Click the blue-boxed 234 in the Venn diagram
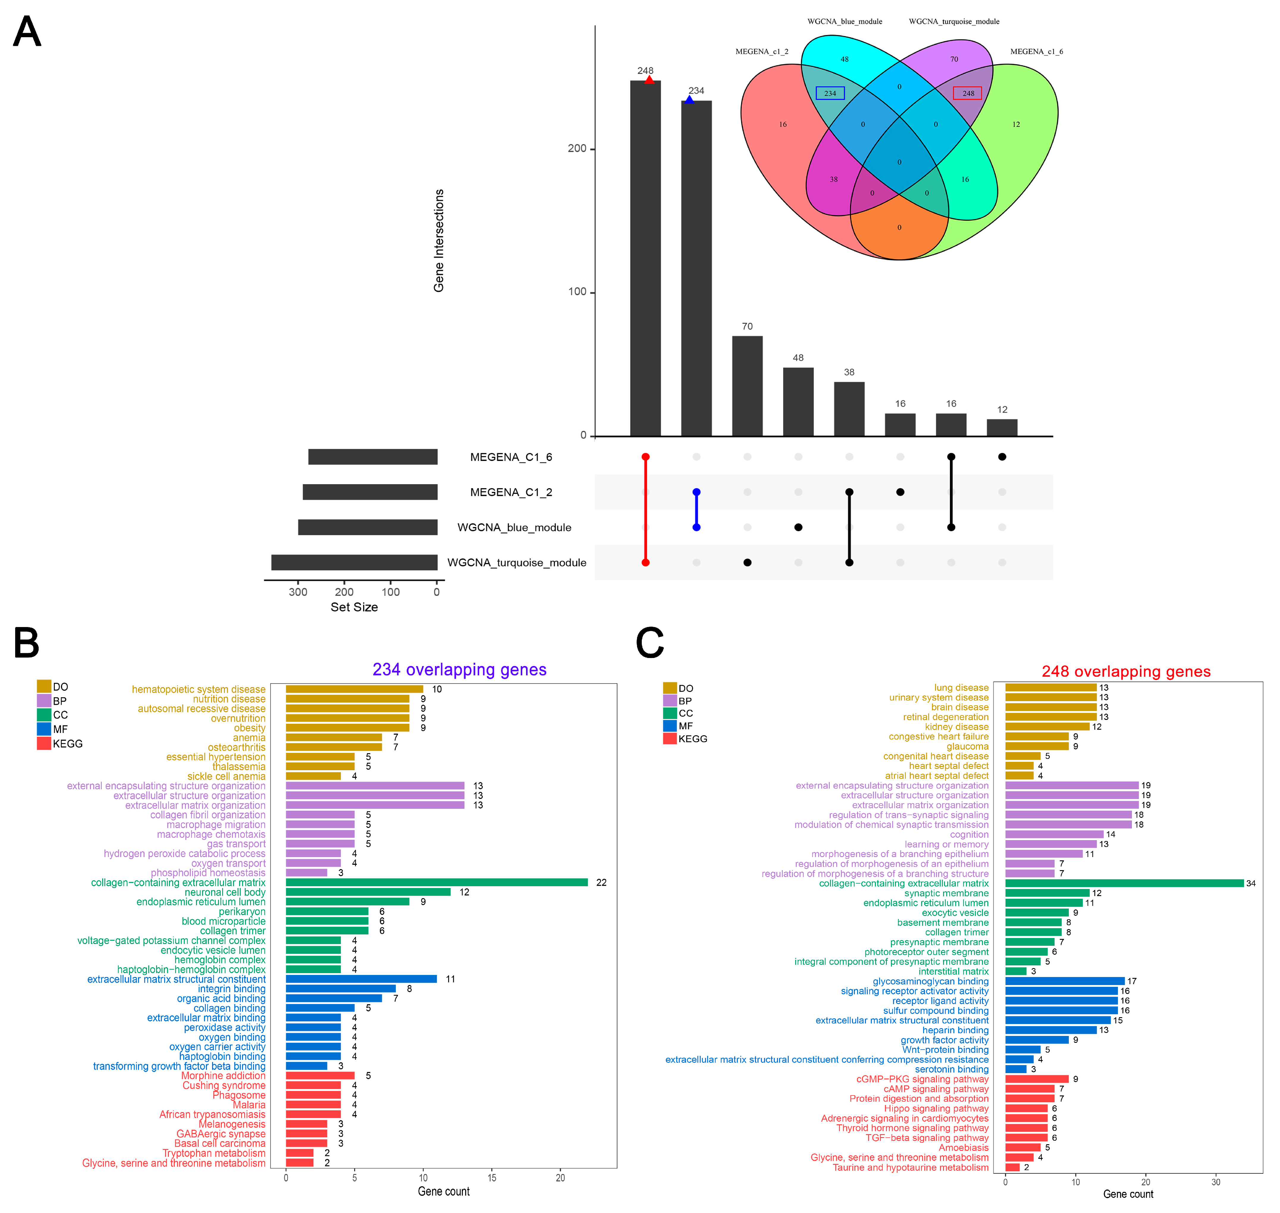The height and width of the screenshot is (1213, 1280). tap(830, 93)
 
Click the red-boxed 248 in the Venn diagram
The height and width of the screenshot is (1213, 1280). tap(967, 93)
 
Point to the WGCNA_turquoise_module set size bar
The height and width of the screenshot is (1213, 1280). tap(354, 562)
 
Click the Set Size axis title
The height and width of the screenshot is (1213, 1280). tap(354, 607)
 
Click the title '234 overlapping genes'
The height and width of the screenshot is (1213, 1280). tap(459, 670)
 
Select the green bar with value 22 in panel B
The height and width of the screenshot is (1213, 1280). tap(437, 883)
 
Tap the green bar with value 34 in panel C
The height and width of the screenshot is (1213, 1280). tap(1124, 883)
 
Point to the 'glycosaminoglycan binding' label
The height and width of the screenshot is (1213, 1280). tap(931, 981)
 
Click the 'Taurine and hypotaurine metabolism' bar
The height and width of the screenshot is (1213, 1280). tap(1012, 1167)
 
